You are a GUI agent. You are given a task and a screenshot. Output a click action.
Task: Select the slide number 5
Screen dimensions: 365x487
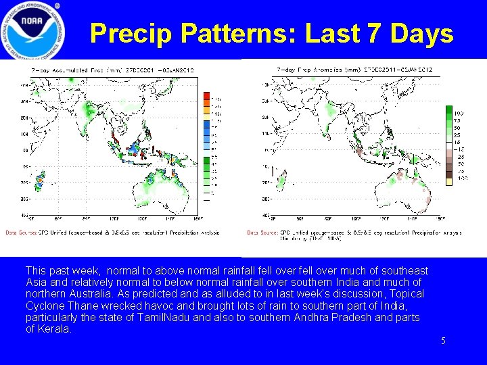(x=443, y=341)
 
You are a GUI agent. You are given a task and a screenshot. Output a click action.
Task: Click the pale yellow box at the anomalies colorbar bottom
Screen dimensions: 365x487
(x=449, y=181)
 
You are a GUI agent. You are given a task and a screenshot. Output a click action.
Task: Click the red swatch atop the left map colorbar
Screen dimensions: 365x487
(x=207, y=94)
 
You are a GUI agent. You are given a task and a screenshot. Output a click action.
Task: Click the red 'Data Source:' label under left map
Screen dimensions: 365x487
(x=20, y=233)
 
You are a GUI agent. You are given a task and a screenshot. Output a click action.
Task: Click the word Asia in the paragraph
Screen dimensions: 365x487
(x=36, y=282)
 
